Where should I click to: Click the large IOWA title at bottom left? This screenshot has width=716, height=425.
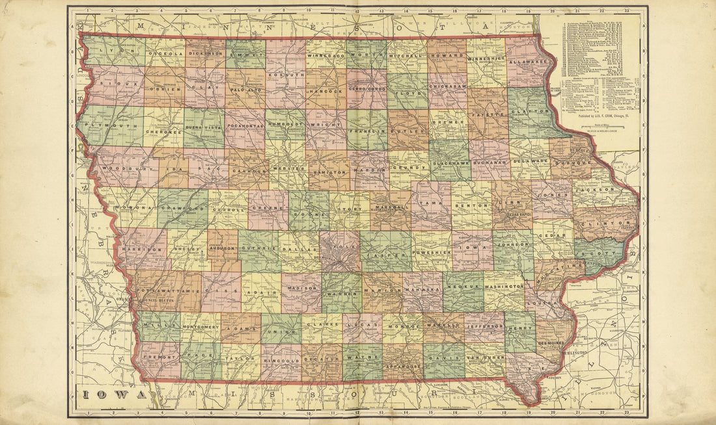(111, 394)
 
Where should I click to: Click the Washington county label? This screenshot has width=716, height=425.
(504, 286)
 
